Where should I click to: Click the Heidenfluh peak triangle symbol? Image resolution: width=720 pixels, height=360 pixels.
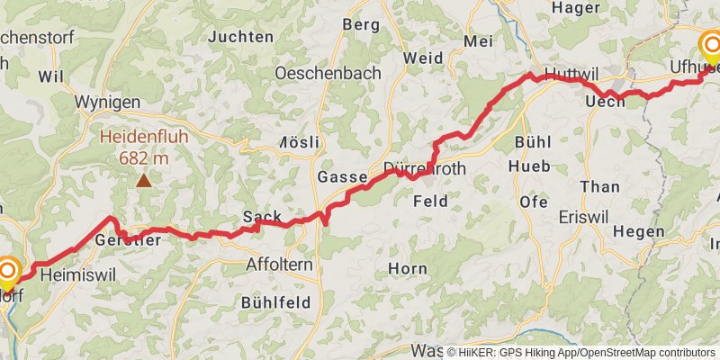click(x=143, y=181)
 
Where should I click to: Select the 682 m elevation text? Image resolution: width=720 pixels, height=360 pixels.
click(x=143, y=158)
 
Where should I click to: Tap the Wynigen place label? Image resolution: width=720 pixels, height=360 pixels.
click(x=106, y=102)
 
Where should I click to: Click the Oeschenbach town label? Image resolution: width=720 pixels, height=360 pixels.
click(x=328, y=73)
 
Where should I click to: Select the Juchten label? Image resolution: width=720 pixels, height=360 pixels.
click(x=240, y=37)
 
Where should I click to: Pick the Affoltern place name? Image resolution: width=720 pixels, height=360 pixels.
click(x=279, y=265)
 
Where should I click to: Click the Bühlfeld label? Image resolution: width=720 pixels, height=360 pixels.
click(x=276, y=303)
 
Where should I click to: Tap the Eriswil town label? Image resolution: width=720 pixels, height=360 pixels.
click(x=584, y=218)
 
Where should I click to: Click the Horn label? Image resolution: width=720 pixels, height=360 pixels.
click(x=407, y=268)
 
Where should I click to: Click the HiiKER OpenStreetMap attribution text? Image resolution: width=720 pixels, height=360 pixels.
click(x=581, y=352)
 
